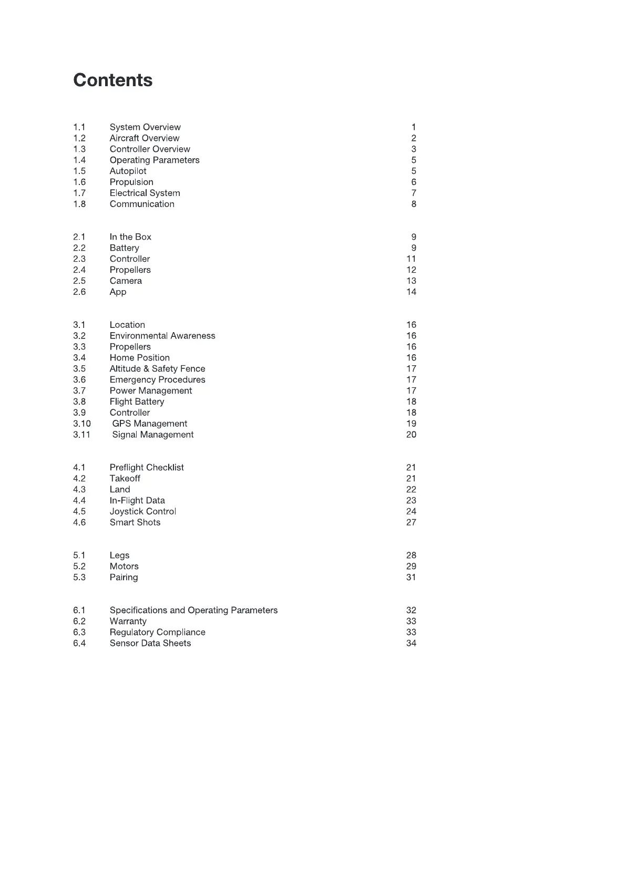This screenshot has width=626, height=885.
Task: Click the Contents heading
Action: (113, 80)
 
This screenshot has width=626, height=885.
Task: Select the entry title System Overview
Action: (145, 127)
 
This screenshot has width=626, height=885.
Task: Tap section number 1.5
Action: (79, 171)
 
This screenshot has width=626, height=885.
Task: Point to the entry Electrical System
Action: (145, 193)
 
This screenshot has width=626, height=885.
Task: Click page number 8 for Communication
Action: (414, 204)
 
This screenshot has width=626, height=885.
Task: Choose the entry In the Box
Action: (130, 237)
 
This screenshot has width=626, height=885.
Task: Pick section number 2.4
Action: (79, 270)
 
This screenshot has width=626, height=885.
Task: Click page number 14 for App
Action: (411, 292)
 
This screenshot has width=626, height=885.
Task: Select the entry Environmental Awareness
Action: (162, 336)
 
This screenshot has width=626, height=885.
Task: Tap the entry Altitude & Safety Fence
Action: (157, 369)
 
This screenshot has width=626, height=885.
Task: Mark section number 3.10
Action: (82, 424)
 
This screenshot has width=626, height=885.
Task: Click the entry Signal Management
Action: (153, 435)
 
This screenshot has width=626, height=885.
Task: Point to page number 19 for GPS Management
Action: (411, 424)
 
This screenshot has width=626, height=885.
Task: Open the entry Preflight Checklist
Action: (147, 468)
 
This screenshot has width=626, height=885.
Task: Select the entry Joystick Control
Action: (143, 512)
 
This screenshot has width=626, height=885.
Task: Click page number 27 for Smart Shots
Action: (411, 523)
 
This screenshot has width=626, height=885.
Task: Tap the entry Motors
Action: (124, 567)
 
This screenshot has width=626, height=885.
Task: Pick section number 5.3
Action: (79, 578)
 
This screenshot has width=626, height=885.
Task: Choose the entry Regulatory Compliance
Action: (157, 633)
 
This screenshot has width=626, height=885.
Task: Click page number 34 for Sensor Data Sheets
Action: (411, 644)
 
